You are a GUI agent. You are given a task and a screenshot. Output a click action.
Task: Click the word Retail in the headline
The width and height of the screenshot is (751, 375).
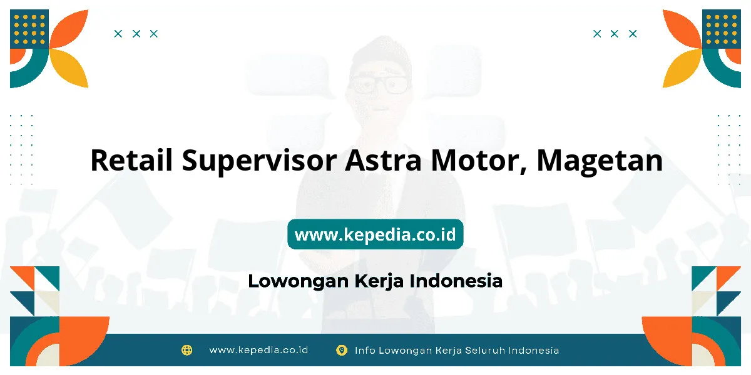pyautogui.click(x=131, y=160)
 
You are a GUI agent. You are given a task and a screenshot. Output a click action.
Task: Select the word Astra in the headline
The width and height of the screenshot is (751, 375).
pyautogui.click(x=383, y=160)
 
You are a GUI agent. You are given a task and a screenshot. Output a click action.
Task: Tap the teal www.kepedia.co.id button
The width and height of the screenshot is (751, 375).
pyautogui.click(x=375, y=234)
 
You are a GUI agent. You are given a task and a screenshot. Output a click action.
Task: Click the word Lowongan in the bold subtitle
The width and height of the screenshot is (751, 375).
pyautogui.click(x=299, y=281)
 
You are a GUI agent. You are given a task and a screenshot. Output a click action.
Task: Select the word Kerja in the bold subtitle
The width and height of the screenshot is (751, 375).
pyautogui.click(x=379, y=281)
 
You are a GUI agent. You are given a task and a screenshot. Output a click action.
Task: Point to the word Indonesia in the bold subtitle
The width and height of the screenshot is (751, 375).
pyautogui.click(x=456, y=281)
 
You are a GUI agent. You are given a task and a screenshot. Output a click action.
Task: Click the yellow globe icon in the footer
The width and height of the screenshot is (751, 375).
pyautogui.click(x=186, y=350)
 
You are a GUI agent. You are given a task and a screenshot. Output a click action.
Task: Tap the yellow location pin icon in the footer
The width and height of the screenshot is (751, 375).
pyautogui.click(x=342, y=350)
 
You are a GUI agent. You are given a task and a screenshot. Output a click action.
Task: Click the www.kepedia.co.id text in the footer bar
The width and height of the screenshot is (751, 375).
pyautogui.click(x=258, y=350)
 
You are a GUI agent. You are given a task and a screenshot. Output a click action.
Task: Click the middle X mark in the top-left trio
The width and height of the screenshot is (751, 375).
pyautogui.click(x=136, y=34)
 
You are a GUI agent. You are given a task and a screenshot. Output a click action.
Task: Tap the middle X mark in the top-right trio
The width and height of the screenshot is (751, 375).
pyautogui.click(x=614, y=34)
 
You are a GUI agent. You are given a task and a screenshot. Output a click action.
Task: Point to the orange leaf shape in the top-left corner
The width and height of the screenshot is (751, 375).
pyautogui.click(x=69, y=29)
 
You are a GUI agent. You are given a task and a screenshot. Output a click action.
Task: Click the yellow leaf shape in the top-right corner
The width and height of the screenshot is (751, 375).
pyautogui.click(x=682, y=68)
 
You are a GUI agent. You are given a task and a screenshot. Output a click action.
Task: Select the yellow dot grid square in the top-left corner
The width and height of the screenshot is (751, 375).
pyautogui.click(x=29, y=29)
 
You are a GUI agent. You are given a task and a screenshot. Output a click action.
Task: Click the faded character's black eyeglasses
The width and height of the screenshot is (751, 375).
pyautogui.click(x=379, y=85)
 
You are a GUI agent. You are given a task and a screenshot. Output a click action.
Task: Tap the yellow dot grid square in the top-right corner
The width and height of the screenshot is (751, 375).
pyautogui.click(x=722, y=29)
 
